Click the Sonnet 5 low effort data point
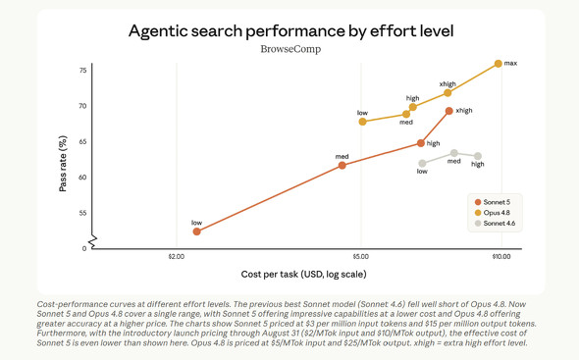197,231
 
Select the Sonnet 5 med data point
342,166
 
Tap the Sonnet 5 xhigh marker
449,111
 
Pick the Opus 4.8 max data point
499,64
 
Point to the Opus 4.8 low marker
363,122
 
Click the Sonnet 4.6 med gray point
454,153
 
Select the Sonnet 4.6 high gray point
478,156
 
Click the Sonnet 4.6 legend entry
495,224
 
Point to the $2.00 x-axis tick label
177,257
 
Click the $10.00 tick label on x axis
501,257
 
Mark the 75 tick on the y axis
82,71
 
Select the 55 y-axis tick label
82,213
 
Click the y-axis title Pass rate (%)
63,164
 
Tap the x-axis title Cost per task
303,275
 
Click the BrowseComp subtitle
290,49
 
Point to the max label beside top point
510,63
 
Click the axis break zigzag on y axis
92,241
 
